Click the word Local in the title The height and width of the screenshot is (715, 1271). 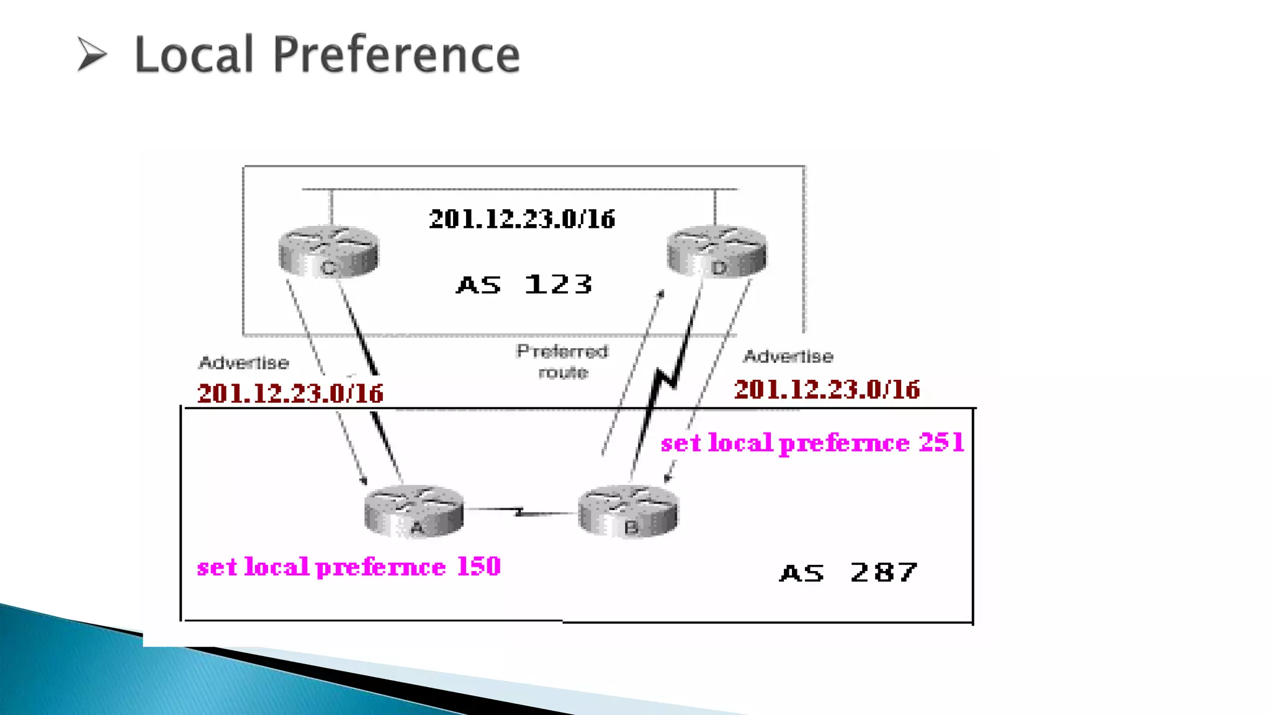point(194,55)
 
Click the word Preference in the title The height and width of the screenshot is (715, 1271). point(396,55)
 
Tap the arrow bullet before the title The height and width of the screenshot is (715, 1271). point(92,54)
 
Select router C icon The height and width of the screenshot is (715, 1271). point(328,251)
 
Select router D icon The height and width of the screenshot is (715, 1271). point(717,251)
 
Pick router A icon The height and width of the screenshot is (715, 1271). point(414,511)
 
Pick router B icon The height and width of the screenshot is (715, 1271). point(628,511)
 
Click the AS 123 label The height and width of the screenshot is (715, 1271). point(524,285)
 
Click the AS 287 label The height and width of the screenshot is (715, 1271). point(848,572)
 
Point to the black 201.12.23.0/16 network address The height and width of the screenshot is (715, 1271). point(522,219)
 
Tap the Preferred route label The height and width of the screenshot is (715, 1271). point(562,361)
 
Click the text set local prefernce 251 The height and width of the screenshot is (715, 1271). point(812,443)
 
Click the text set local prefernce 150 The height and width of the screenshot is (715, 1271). point(349,567)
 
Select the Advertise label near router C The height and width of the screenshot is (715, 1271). point(244,362)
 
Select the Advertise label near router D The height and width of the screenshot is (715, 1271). point(788,356)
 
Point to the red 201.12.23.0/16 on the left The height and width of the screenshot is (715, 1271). point(290,393)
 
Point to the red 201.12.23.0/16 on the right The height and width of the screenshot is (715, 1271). point(827,390)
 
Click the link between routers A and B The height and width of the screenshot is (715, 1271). point(520,512)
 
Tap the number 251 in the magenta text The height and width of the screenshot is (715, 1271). point(941,443)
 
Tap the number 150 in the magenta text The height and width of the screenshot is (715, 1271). point(478,566)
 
